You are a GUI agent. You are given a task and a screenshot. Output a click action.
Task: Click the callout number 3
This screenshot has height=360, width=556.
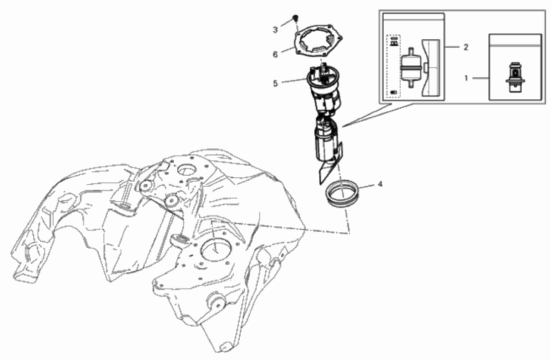point(275,30)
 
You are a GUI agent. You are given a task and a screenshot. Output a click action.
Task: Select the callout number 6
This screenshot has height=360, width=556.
point(275,54)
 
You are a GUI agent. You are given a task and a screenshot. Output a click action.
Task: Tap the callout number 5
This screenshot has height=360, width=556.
point(275,83)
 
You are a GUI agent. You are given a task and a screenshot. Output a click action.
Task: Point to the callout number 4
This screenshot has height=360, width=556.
point(380,184)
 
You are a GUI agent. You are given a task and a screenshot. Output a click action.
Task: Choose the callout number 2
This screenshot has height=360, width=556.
point(466,47)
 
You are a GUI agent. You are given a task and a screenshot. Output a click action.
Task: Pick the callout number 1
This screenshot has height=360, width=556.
point(466,77)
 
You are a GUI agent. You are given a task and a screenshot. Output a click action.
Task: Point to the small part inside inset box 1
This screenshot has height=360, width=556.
point(515,77)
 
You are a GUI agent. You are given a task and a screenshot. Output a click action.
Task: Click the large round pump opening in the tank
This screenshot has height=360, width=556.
point(216,251)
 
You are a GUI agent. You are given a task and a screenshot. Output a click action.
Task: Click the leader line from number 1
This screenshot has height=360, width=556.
point(480,77)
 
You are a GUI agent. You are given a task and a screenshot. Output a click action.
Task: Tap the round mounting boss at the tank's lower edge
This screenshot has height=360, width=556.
point(217,302)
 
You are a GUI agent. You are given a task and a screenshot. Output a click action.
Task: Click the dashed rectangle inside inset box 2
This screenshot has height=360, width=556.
point(394,66)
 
